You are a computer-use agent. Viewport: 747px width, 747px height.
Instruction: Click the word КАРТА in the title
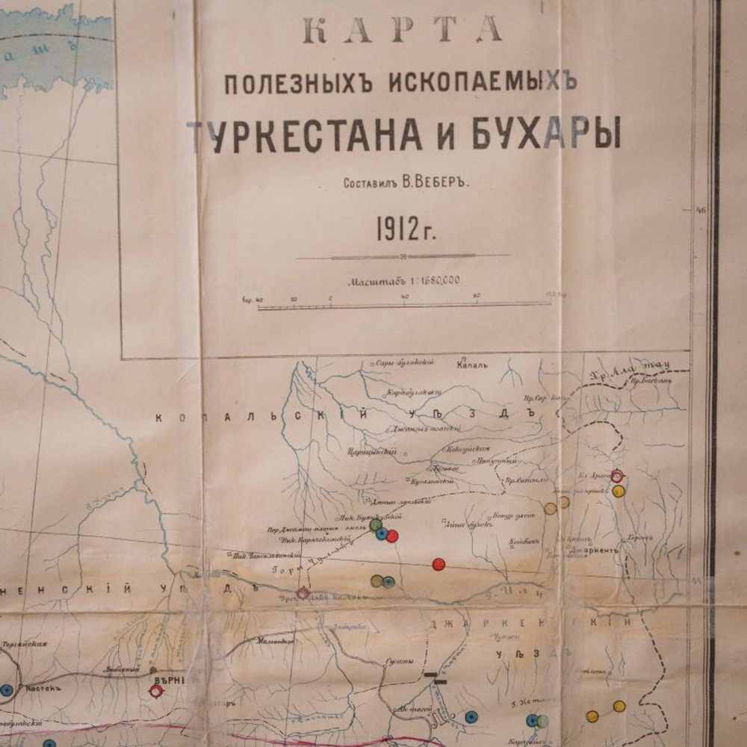402,29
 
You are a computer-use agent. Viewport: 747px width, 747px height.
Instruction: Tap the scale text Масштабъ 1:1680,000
403,281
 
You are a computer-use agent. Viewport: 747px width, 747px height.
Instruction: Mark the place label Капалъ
471,365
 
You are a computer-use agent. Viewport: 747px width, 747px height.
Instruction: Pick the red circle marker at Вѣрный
156,691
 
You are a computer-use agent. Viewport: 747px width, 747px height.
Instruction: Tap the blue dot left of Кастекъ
7,691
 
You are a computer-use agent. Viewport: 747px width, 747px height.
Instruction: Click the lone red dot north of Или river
438,564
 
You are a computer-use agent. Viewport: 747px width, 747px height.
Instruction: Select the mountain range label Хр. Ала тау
627,368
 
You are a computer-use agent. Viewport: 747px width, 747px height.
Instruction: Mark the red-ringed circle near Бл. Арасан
617,476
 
